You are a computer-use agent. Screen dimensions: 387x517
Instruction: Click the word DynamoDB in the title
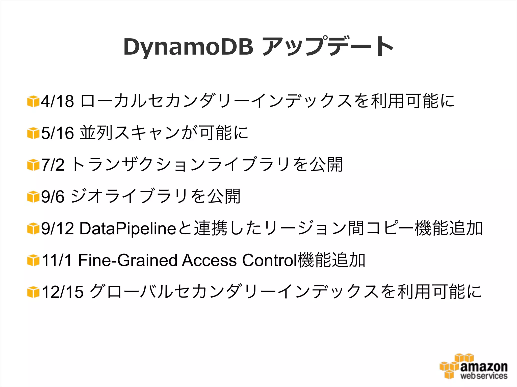click(188, 47)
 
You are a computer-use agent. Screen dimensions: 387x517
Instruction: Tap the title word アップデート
click(328, 47)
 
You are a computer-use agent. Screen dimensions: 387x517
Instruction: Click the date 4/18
click(58, 101)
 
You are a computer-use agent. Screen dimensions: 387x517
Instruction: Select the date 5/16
click(58, 133)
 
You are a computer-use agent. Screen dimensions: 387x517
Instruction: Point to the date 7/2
click(53, 165)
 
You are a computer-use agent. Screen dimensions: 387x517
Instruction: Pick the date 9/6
click(53, 197)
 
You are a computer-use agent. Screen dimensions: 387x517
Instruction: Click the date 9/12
click(58, 228)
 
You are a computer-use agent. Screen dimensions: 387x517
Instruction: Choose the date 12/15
click(62, 292)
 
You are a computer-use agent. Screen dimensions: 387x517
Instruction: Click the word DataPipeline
click(128, 228)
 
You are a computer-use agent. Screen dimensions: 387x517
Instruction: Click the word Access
click(209, 260)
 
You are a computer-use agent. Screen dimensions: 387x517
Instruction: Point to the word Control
click(269, 260)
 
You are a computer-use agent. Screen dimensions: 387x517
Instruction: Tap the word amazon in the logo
click(484, 366)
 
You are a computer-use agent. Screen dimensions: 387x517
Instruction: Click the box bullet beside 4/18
click(33, 101)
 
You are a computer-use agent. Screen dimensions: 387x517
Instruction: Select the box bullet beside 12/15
click(33, 292)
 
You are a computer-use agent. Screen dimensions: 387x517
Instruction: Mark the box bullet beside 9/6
click(33, 197)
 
